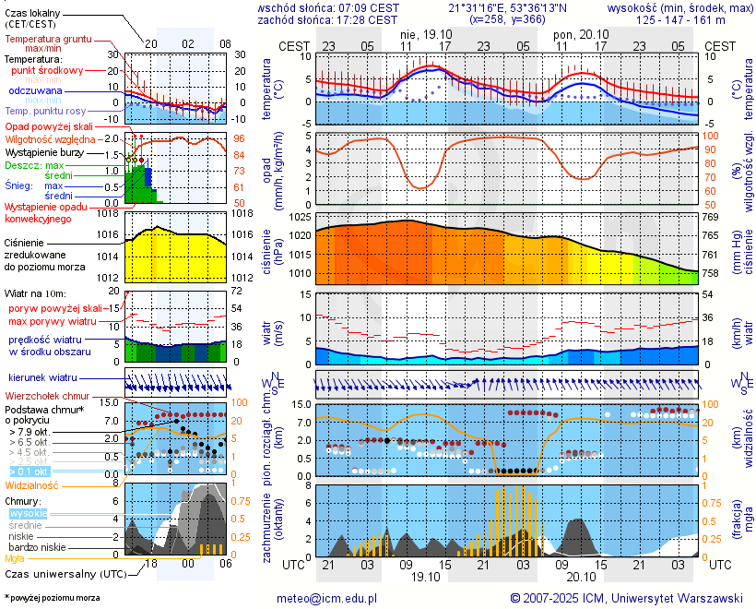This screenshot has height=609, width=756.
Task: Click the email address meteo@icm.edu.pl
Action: pos(326,598)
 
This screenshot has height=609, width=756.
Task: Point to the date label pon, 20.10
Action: pos(576,33)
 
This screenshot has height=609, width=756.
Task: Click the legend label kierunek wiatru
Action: pos(43,378)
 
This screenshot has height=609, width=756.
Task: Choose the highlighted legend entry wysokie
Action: pos(28,513)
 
